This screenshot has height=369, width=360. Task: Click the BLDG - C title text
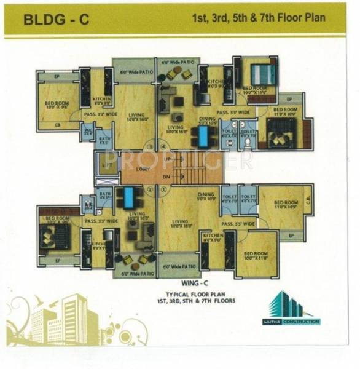(x=56, y=19)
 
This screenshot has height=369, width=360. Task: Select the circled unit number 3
(x=149, y=146)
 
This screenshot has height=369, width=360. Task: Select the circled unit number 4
(x=164, y=146)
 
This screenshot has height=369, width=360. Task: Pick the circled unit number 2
(x=149, y=189)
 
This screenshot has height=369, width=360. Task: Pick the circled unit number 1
(x=164, y=189)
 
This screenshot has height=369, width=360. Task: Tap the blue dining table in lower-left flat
(x=129, y=199)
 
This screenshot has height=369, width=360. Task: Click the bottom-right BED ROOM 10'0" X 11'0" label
(x=256, y=255)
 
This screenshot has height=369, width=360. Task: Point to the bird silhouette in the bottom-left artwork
(x=41, y=299)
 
